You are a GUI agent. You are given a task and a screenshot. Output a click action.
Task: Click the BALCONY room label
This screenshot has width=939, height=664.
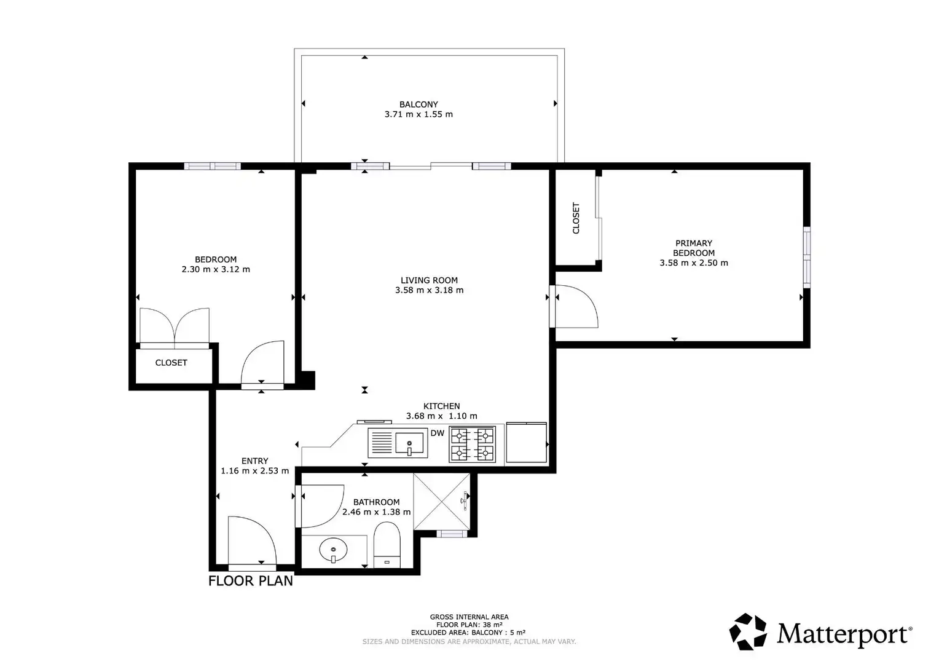point(418,104)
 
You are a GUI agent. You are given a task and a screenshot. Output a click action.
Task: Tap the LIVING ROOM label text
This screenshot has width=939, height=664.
point(429,280)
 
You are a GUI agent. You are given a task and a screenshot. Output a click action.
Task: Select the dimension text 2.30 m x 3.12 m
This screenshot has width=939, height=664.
point(216,269)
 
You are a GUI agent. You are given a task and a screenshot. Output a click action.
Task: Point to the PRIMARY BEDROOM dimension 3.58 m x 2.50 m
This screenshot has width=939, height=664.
point(694,263)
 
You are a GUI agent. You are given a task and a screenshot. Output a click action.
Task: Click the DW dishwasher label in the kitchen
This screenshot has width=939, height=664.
point(437,433)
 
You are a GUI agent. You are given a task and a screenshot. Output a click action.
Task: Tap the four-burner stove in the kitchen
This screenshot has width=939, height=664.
point(472,445)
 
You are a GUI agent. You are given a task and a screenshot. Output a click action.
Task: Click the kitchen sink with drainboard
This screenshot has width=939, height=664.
point(398,443)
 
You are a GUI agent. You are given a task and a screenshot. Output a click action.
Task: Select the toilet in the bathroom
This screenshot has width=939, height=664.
point(387,545)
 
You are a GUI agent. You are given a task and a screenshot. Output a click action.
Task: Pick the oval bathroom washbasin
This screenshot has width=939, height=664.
point(333,550)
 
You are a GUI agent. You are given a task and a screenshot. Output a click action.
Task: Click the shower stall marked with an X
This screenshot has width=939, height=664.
point(441,501)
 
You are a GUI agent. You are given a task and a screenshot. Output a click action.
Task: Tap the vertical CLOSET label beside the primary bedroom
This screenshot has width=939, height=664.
point(576,218)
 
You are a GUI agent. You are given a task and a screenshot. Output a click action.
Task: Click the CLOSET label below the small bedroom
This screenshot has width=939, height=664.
point(171,362)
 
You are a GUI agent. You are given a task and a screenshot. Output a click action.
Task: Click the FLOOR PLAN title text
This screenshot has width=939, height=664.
point(251,581)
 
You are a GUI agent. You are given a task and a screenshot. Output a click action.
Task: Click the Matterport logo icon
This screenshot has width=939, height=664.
point(748,631)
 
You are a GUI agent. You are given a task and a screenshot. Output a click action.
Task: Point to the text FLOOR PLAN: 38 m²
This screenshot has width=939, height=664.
point(469,625)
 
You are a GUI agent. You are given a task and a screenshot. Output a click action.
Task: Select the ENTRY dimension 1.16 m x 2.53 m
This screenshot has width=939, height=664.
point(255,470)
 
